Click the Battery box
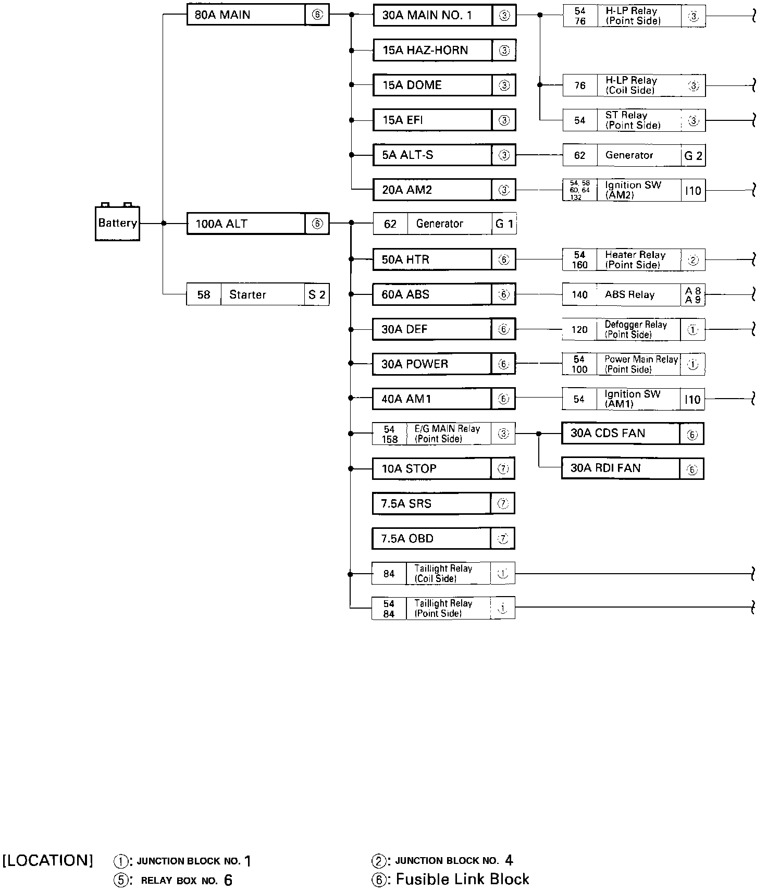tap(117, 224)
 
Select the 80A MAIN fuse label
tap(222, 15)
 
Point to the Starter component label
tap(248, 295)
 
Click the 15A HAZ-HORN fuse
tap(425, 51)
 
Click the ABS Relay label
tap(629, 295)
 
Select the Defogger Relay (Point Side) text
tap(635, 330)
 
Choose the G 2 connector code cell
tap(693, 156)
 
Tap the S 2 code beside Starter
tap(317, 295)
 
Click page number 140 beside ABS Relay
tap(579, 295)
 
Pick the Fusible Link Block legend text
tap(462, 880)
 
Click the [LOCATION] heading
tap(48, 860)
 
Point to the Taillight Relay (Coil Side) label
tap(443, 574)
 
